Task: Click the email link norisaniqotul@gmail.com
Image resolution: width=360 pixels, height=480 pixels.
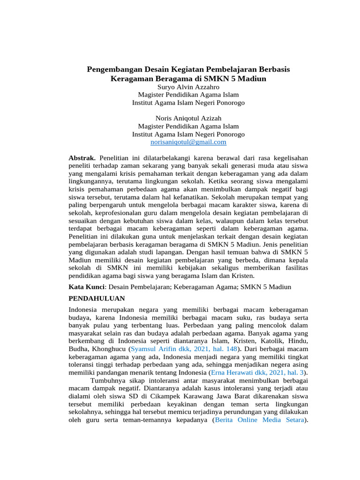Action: click(x=188, y=142)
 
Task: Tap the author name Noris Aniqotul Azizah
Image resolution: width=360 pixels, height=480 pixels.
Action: click(x=188, y=118)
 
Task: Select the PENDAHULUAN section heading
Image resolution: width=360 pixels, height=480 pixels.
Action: click(x=97, y=298)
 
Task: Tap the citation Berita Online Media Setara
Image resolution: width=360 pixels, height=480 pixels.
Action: click(x=259, y=420)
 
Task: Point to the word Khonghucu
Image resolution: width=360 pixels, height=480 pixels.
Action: click(x=108, y=349)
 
